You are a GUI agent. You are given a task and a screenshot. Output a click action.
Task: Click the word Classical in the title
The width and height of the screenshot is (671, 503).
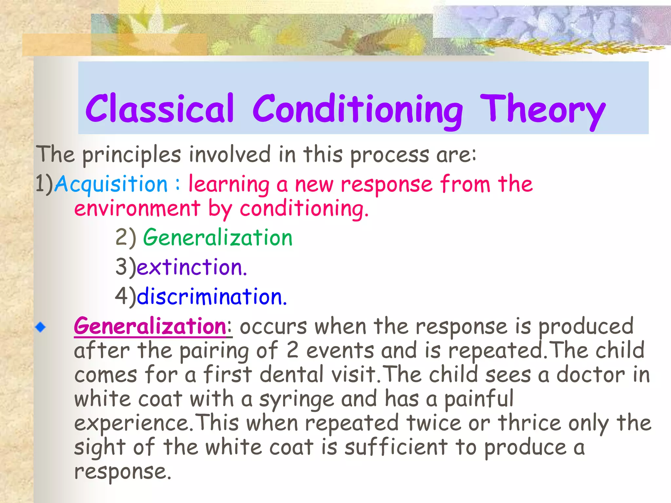[160, 109]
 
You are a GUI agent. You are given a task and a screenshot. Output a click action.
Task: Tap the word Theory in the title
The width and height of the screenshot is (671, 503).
[542, 110]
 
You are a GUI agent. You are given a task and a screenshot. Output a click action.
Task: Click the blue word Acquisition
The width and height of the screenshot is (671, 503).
[111, 184]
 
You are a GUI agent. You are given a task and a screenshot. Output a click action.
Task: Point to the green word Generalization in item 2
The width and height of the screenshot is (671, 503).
[218, 237]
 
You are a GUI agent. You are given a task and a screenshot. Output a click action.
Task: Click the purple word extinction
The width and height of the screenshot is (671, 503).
[191, 267]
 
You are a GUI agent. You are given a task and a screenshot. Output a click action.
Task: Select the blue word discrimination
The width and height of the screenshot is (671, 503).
[211, 297]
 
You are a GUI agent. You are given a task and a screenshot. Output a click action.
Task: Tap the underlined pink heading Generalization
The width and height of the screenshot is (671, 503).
[150, 326]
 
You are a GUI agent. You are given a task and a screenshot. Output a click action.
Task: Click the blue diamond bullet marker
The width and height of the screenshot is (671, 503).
[41, 327]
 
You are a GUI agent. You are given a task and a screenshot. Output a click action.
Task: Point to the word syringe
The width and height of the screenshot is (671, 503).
[297, 400]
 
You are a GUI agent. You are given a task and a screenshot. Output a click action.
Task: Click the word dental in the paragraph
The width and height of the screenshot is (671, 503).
[292, 375]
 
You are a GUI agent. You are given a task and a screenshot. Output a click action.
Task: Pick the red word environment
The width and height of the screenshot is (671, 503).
[137, 209]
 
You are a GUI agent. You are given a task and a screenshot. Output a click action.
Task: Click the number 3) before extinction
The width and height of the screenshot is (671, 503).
[125, 267]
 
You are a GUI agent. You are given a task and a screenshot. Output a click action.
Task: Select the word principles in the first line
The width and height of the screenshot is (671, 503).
[131, 155]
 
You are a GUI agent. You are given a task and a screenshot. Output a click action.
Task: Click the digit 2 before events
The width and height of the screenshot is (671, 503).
[292, 350]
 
